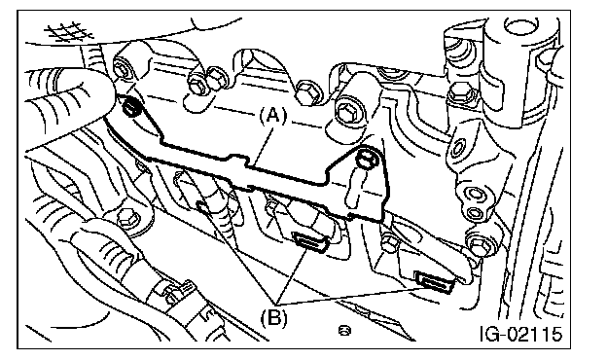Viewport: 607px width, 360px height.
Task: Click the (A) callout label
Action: (273, 116)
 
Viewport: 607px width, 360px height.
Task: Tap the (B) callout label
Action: (274, 317)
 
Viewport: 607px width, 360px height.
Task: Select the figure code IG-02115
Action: (520, 334)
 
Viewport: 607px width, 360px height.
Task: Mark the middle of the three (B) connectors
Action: (311, 241)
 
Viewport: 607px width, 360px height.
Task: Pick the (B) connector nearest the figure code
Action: (434, 282)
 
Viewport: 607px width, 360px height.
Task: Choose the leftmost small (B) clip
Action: (204, 207)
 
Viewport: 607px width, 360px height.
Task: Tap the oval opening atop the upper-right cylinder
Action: (519, 26)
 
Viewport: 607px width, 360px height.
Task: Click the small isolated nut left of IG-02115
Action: (343, 330)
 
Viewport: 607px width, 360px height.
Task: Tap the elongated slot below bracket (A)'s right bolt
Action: (354, 190)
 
